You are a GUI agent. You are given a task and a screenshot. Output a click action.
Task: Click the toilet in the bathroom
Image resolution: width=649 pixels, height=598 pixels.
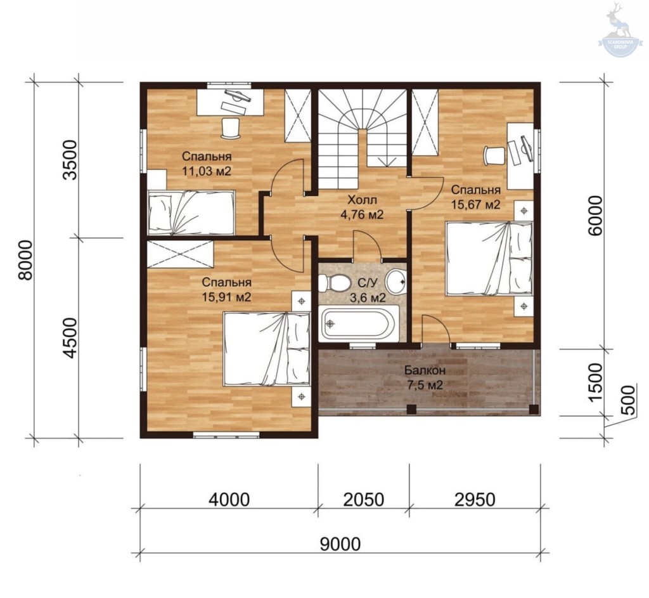[333, 283]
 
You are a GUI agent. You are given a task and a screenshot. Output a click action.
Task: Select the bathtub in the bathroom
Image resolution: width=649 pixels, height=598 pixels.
[359, 323]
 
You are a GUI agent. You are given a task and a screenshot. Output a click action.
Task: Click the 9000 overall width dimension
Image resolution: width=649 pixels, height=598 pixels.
[340, 543]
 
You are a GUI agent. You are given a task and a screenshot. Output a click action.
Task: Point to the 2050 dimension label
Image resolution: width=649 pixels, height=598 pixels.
[364, 500]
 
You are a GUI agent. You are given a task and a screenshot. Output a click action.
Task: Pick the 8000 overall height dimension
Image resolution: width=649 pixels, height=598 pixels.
[25, 260]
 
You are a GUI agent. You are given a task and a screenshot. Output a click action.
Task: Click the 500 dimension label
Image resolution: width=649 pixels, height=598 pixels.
[628, 400]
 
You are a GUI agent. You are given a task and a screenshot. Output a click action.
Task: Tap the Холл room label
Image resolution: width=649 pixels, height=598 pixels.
[362, 200]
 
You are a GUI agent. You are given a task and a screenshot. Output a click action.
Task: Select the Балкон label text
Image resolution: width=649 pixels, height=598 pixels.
[425, 370]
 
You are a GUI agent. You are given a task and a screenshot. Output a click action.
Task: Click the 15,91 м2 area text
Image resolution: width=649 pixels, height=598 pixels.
[226, 297]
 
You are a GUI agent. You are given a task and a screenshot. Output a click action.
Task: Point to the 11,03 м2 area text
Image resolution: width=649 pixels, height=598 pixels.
[207, 171]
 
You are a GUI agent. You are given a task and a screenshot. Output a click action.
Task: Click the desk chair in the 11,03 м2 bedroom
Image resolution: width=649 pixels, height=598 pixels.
[231, 128]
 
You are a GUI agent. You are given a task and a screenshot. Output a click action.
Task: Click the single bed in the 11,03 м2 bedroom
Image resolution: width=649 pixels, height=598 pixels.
[191, 212]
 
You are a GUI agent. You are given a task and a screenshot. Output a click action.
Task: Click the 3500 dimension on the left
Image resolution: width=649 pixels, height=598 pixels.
[70, 160]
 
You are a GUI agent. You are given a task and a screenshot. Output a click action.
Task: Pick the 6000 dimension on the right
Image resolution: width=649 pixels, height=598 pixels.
[595, 216]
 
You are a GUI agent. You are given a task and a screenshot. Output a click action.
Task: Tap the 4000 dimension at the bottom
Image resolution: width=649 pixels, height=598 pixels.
[229, 500]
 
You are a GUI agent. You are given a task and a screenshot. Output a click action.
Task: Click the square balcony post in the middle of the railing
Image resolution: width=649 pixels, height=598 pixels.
[411, 409]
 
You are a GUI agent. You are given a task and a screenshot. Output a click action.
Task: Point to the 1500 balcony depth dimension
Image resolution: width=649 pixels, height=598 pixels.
[595, 382]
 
